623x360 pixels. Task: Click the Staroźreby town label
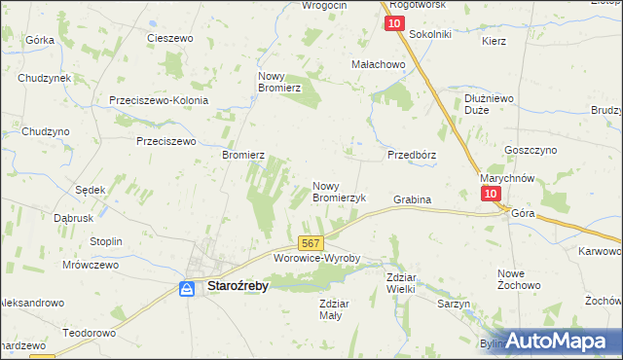[238, 287]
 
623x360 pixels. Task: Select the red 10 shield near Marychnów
[491, 194]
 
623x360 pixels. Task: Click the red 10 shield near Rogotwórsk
[394, 23]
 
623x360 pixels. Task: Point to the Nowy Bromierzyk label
[339, 191]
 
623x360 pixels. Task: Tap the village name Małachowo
[378, 64]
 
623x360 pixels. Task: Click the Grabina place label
[412, 199]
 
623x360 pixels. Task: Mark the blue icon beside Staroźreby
[187, 288]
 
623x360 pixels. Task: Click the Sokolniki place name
[430, 34]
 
